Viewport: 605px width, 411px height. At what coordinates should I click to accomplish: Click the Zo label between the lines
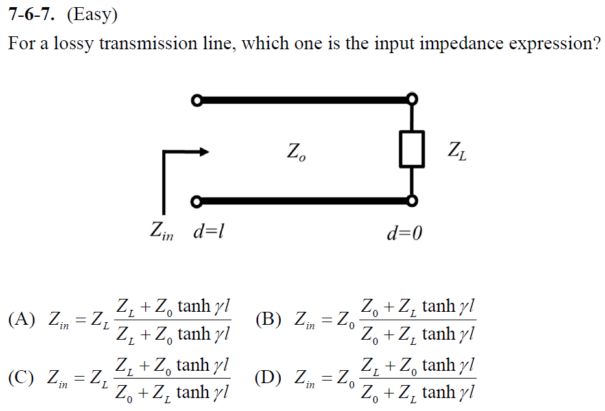[x=295, y=153]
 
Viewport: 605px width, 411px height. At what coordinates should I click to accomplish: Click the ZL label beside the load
[x=457, y=153]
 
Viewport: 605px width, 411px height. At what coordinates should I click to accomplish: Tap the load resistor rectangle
[x=412, y=148]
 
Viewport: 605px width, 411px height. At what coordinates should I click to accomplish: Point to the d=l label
[x=208, y=231]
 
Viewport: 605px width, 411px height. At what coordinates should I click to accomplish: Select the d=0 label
[x=404, y=232]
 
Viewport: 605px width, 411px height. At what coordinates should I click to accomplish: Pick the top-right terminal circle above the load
[x=412, y=99]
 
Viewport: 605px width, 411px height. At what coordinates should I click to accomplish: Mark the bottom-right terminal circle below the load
[x=412, y=201]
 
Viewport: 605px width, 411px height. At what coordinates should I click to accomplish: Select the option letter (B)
[x=269, y=320]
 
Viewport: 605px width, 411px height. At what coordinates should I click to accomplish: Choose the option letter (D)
[x=269, y=378]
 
